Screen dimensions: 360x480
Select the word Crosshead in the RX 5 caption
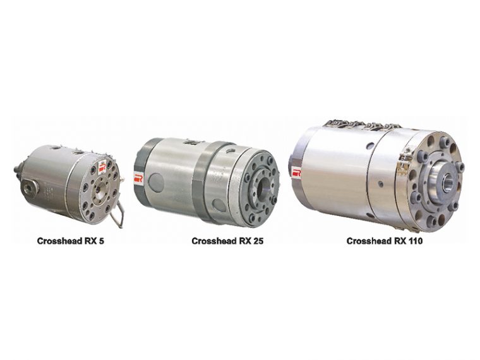(x=57, y=240)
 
